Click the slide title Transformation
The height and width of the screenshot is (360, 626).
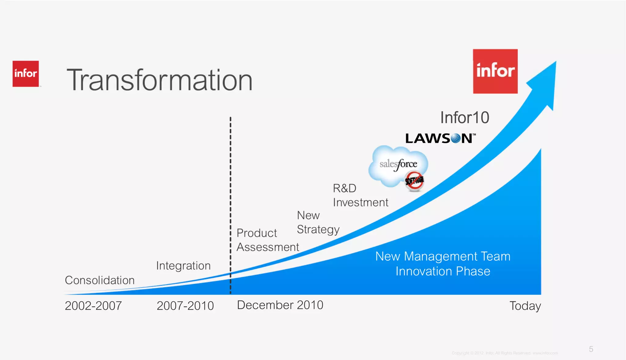(160, 80)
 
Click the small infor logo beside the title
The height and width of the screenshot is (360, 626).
(26, 74)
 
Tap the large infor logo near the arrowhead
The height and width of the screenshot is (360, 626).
(495, 71)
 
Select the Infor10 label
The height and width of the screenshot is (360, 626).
(465, 117)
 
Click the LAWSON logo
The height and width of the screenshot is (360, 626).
(440, 139)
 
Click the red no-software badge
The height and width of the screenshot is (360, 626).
(414, 181)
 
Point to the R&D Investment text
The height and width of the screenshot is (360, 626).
(360, 195)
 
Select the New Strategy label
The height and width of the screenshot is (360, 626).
(318, 222)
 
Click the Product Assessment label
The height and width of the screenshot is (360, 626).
(267, 240)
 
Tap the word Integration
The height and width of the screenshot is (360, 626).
(183, 265)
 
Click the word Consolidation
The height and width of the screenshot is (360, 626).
(100, 280)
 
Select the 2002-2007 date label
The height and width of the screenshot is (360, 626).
(93, 306)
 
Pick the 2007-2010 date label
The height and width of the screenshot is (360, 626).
(185, 306)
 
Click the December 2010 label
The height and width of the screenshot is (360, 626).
(280, 305)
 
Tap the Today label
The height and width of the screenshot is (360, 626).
(525, 306)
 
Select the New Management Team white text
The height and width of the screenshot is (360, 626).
(443, 256)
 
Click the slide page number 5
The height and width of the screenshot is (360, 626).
(591, 349)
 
